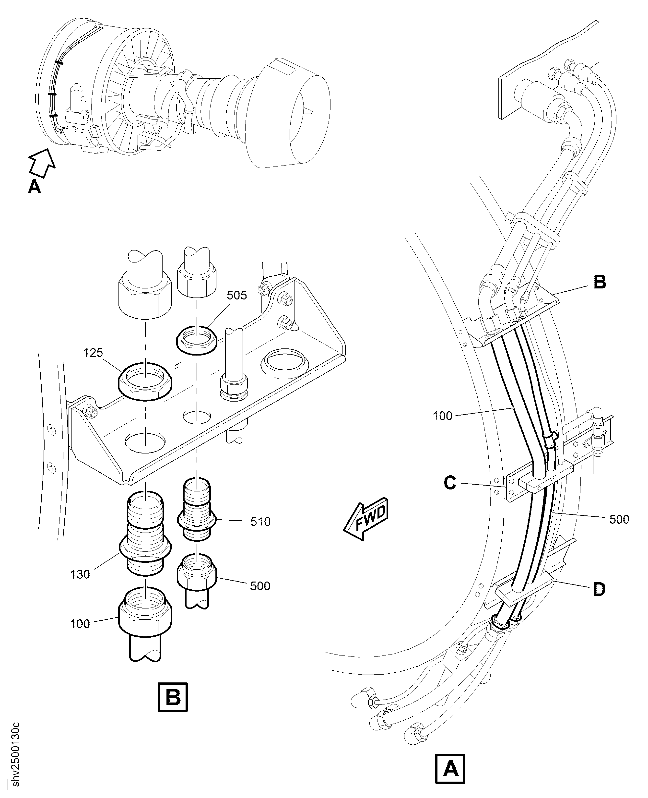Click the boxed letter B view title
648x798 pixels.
(x=172, y=697)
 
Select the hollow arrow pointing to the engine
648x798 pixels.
(x=42, y=162)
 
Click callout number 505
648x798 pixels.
(x=237, y=295)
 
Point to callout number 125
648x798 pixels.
(x=93, y=353)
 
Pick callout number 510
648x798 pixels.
(x=260, y=522)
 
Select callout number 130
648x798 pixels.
(x=80, y=574)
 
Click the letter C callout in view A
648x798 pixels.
(x=450, y=483)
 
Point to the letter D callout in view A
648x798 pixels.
(x=599, y=590)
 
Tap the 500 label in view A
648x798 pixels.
(x=619, y=519)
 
